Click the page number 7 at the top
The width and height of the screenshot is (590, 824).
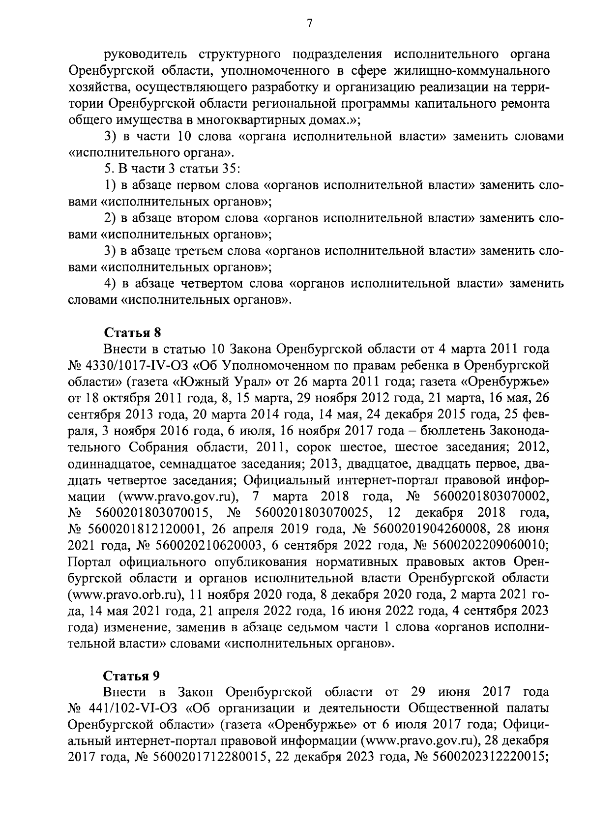tap(309, 23)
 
